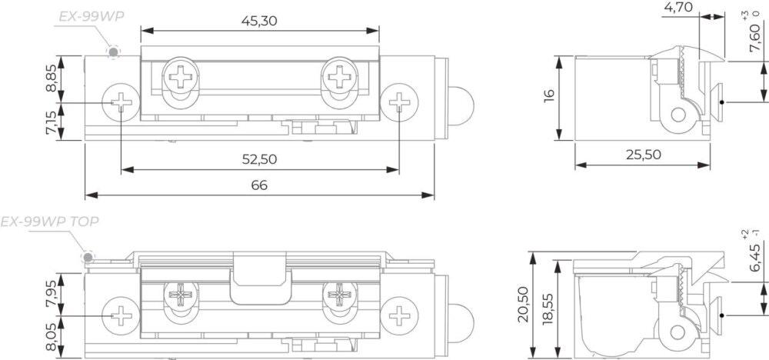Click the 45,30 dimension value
coord(259,21)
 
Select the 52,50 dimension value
coord(259,159)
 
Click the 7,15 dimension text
coord(51,122)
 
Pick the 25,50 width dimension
coord(643,155)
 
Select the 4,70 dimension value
coord(678,7)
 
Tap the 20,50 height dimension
coord(523,304)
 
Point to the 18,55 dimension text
coord(548,309)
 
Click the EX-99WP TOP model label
coord(49,222)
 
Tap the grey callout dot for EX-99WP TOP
coord(88,256)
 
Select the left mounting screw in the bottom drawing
coord(121,315)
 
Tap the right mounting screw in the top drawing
coord(399,102)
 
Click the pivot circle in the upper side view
coord(678,115)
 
